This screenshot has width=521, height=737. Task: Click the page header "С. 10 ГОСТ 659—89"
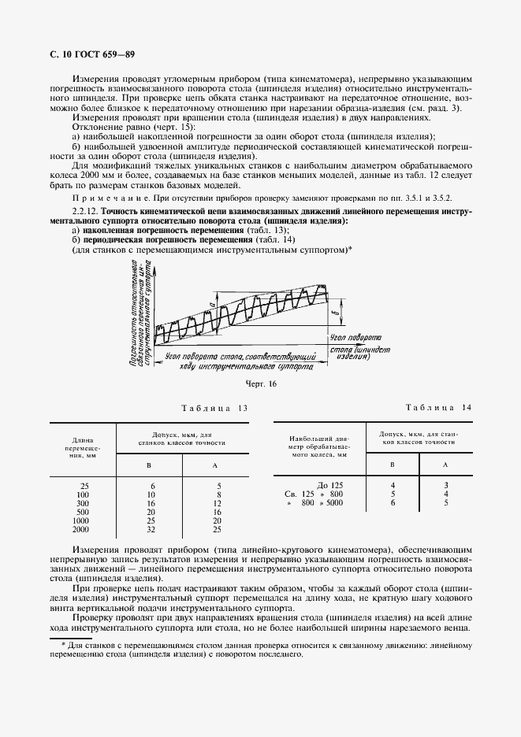tap(91, 54)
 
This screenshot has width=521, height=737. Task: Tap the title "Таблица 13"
tap(214, 408)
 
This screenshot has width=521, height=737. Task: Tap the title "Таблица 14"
tap(438, 407)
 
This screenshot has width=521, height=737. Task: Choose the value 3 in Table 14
tap(445, 484)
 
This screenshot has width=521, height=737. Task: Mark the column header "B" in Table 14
tap(393, 465)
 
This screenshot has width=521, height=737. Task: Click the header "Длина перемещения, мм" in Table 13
tap(83, 447)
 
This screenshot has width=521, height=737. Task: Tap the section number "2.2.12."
tap(84, 213)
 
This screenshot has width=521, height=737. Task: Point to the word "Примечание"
tap(106, 198)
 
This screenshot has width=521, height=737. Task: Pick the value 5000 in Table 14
tap(336, 502)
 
